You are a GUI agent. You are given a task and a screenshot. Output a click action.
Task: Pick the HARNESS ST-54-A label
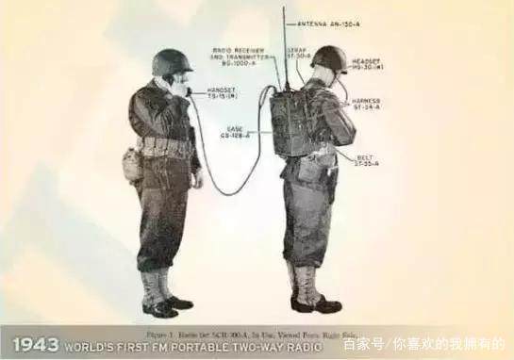[x=369, y=104]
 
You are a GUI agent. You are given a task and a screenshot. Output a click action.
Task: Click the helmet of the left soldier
[x=171, y=62]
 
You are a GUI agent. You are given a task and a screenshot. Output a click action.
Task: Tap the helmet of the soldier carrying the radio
[x=329, y=57]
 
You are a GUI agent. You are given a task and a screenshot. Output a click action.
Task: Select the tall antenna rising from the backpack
[x=285, y=47]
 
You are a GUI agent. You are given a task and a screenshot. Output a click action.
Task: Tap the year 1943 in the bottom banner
[x=31, y=345]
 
